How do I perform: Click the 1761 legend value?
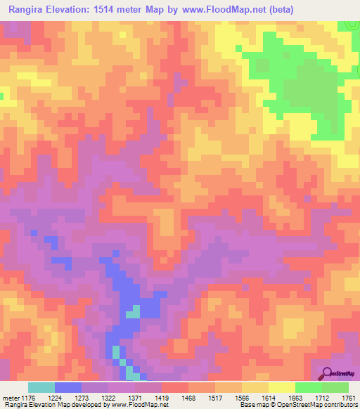click(x=348, y=398)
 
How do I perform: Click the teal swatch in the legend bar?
click(x=41, y=387)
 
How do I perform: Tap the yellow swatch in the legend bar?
click(x=282, y=387)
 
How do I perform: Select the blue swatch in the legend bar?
click(x=68, y=387)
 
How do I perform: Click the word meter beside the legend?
click(x=11, y=398)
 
